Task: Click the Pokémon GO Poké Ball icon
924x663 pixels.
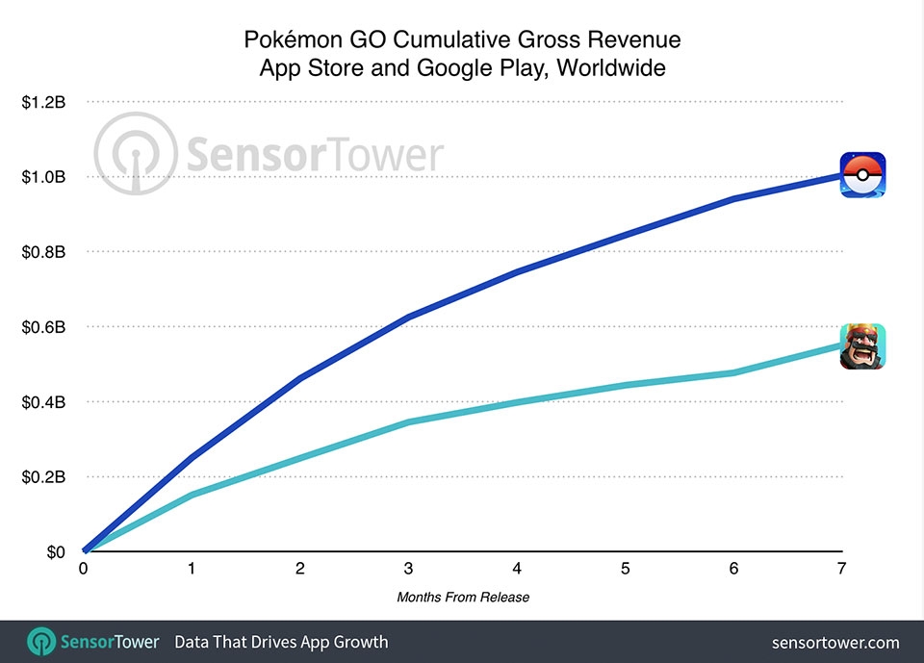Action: point(863,175)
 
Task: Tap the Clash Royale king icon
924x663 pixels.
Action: point(862,346)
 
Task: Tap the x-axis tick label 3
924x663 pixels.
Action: point(409,570)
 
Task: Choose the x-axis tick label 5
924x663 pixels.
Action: point(626,570)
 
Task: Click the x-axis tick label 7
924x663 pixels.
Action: point(842,570)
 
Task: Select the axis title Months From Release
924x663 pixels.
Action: point(463,598)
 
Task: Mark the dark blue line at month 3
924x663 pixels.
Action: point(409,317)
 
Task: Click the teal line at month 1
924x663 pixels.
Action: point(192,495)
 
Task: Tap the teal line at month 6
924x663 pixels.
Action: point(733,372)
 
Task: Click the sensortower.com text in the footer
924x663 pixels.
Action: point(835,642)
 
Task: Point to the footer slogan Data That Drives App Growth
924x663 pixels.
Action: point(281,642)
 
